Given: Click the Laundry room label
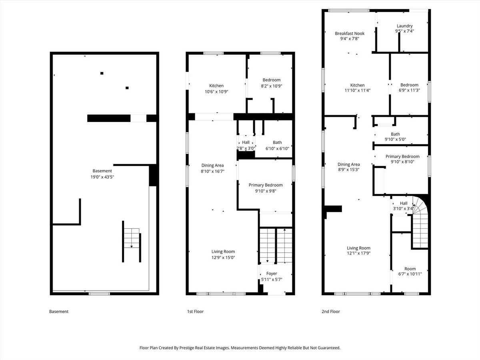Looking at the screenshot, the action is [404, 26].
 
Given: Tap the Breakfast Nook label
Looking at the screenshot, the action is [350, 34].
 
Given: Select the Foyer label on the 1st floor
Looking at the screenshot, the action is [272, 274].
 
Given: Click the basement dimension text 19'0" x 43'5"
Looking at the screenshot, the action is [102, 177].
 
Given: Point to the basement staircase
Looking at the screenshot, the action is [132, 241].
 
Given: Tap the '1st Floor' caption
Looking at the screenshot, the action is [195, 312].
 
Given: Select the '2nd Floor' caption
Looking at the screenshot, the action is [331, 312].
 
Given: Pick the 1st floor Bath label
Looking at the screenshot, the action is [277, 142].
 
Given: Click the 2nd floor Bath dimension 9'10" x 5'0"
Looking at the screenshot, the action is [395, 139].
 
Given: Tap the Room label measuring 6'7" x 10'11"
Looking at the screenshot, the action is [410, 269].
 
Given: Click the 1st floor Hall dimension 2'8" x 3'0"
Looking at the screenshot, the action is [246, 148].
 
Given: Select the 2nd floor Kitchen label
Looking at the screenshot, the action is [358, 85].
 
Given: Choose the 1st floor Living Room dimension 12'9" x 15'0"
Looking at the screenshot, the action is [223, 258].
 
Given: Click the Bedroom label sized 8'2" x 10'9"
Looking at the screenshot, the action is [272, 80].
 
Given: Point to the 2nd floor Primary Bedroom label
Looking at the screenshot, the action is [402, 156].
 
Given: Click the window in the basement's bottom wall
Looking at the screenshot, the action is [99, 294].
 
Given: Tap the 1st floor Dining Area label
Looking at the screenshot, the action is [212, 165].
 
